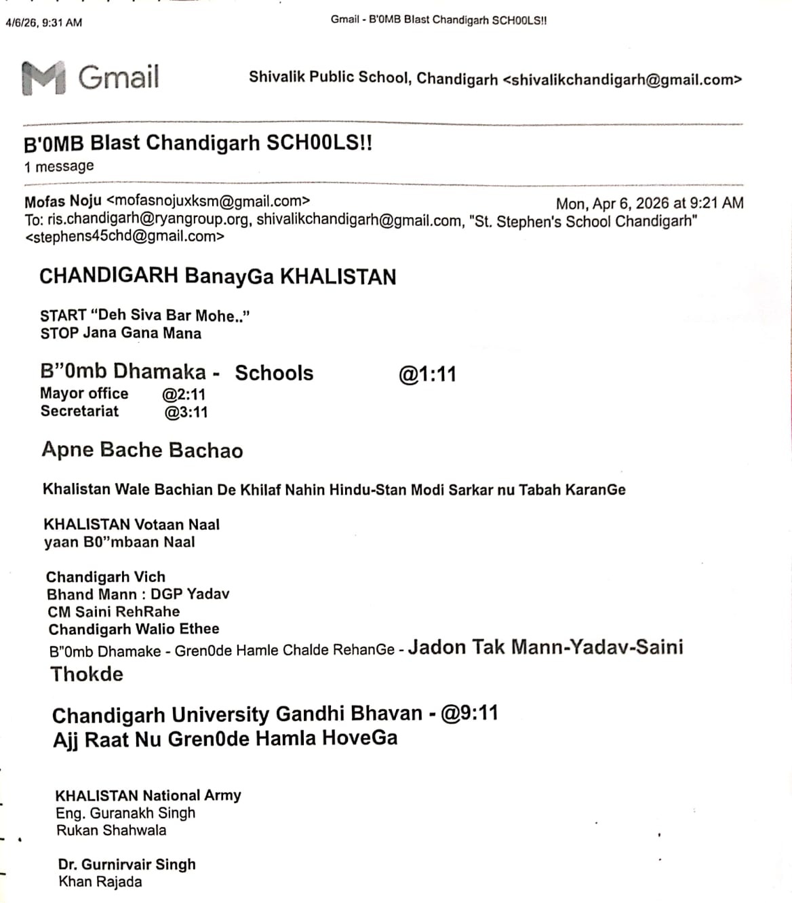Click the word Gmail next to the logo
click(119, 77)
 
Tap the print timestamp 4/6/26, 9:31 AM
click(43, 22)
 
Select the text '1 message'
click(59, 167)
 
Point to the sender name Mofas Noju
click(63, 201)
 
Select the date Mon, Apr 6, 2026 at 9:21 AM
click(649, 203)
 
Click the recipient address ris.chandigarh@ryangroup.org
click(150, 220)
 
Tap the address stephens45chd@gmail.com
click(125, 237)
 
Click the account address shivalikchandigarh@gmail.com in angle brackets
click(622, 80)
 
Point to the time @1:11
click(427, 374)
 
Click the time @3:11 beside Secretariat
click(186, 412)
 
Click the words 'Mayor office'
click(84, 393)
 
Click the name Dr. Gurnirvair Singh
click(127, 864)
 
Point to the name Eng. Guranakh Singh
click(125, 813)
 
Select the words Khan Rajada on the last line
click(100, 882)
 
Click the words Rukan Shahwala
click(111, 830)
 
